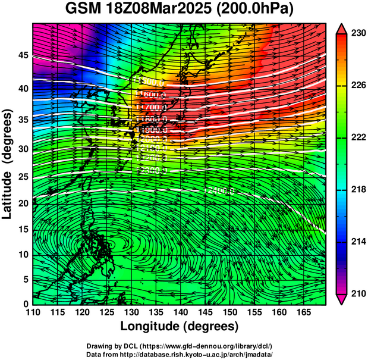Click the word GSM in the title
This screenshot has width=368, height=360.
tap(84, 10)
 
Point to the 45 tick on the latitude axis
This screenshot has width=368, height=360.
tap(23, 55)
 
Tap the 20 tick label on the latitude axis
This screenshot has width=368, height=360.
tap(23, 203)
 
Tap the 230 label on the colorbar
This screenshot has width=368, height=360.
tap(356, 35)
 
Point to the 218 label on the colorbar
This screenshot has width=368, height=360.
tap(356, 190)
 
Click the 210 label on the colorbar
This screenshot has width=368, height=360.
tap(356, 293)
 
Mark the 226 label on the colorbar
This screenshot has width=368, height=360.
tap(356, 86)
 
